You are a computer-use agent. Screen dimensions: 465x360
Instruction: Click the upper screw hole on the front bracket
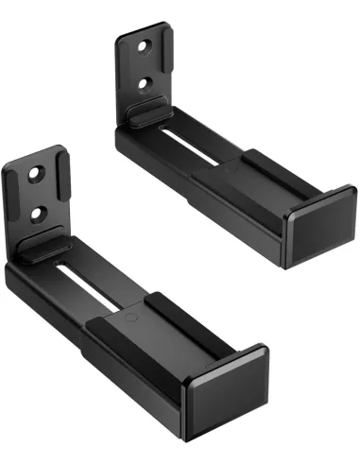click(36, 175)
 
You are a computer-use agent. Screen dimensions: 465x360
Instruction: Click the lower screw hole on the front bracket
click(38, 214)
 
